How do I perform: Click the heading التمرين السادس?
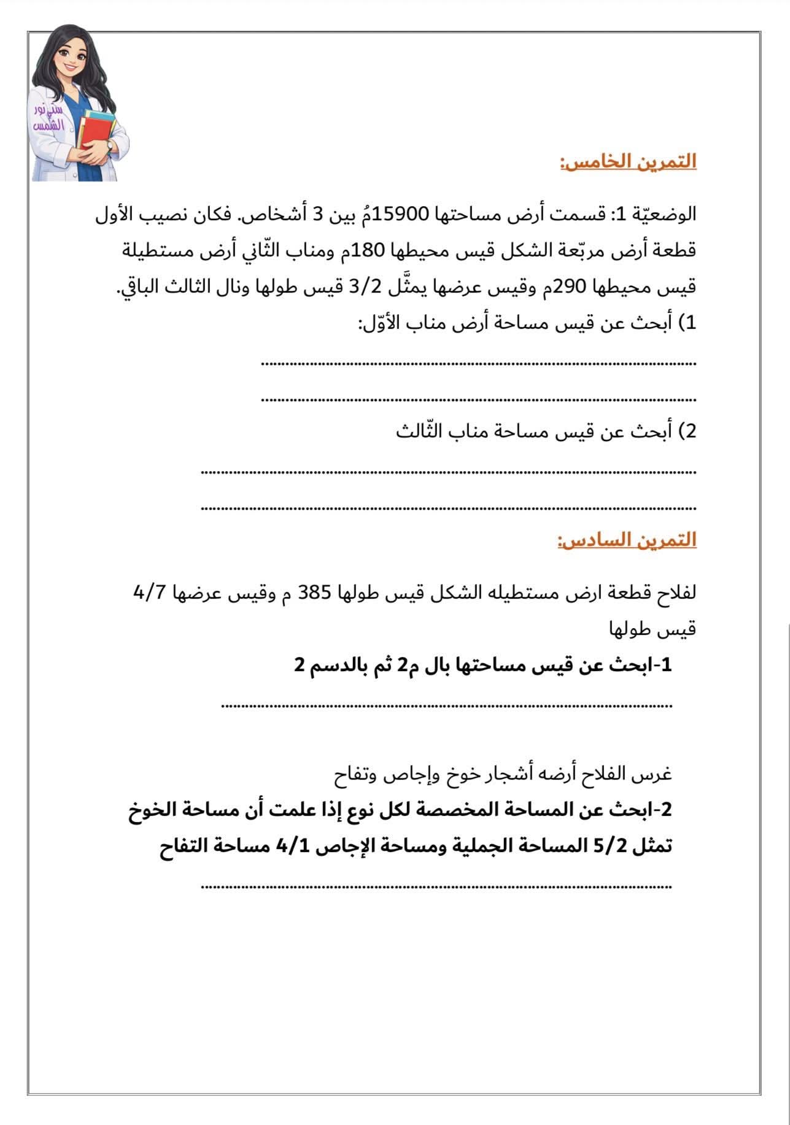(x=627, y=540)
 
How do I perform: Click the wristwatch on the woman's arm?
(x=109, y=145)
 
